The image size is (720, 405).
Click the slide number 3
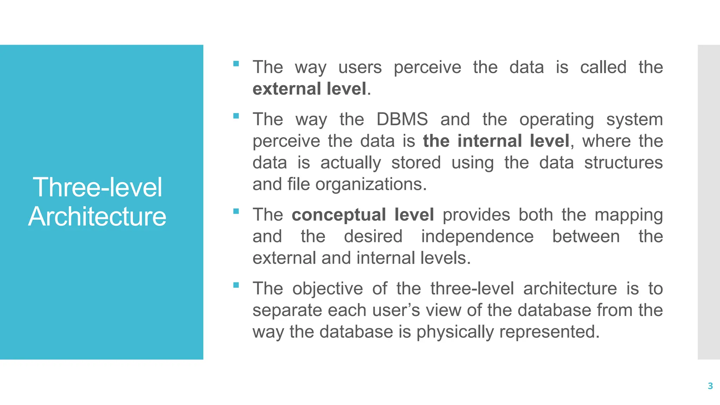pyautogui.click(x=710, y=386)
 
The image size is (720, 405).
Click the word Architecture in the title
pyautogui.click(x=97, y=216)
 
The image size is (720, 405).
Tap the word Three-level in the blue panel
pyautogui.click(x=97, y=187)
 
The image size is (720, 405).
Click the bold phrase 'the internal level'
pyautogui.click(x=496, y=141)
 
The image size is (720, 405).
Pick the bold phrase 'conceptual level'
pyautogui.click(x=363, y=215)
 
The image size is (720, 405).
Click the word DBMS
pyautogui.click(x=402, y=119)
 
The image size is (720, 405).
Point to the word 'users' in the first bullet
pyautogui.click(x=360, y=67)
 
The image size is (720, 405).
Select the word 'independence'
pyautogui.click(x=477, y=236)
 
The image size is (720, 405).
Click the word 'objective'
pyautogui.click(x=328, y=289)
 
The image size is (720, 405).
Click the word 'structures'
pyautogui.click(x=623, y=163)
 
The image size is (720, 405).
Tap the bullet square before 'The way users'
pyautogui.click(x=236, y=64)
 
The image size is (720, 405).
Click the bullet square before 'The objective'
pyautogui.click(x=236, y=285)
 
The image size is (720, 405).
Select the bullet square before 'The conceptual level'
pyautogui.click(x=236, y=211)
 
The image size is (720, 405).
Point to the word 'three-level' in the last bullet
pyautogui.click(x=472, y=289)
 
